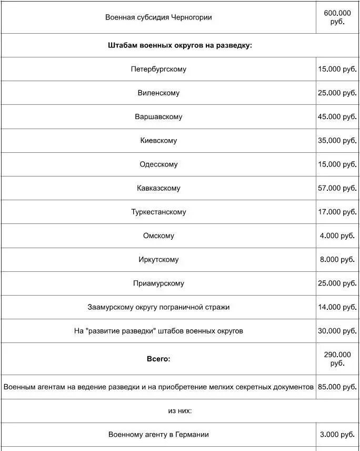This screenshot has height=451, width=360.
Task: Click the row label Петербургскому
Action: (x=158, y=69)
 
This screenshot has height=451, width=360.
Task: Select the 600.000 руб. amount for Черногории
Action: (x=337, y=17)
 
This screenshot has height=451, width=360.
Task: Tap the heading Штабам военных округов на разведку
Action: (x=180, y=45)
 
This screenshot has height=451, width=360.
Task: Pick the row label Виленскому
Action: (x=158, y=93)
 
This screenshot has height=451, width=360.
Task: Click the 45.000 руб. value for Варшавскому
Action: (x=337, y=116)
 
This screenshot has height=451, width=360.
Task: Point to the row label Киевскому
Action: (x=158, y=141)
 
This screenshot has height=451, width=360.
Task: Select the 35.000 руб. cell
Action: (x=337, y=141)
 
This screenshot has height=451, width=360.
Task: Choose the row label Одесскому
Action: (x=158, y=164)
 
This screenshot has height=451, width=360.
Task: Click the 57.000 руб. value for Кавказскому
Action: (x=337, y=188)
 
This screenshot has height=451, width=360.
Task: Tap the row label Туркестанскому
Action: (x=158, y=212)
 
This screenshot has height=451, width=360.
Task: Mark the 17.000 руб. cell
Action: (x=337, y=212)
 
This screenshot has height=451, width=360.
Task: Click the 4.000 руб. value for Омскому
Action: (x=337, y=236)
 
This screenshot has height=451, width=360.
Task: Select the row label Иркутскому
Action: (x=158, y=259)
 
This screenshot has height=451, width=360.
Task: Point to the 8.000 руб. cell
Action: (x=337, y=259)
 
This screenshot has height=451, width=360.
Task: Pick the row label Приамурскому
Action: (x=158, y=283)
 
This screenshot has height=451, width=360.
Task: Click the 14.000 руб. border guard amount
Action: (x=337, y=307)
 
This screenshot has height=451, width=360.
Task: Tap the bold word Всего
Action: (x=158, y=359)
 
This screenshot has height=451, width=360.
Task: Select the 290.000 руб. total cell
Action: (x=337, y=359)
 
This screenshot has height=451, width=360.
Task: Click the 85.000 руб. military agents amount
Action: (x=337, y=387)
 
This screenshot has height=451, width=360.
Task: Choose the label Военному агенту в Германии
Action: (x=158, y=435)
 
